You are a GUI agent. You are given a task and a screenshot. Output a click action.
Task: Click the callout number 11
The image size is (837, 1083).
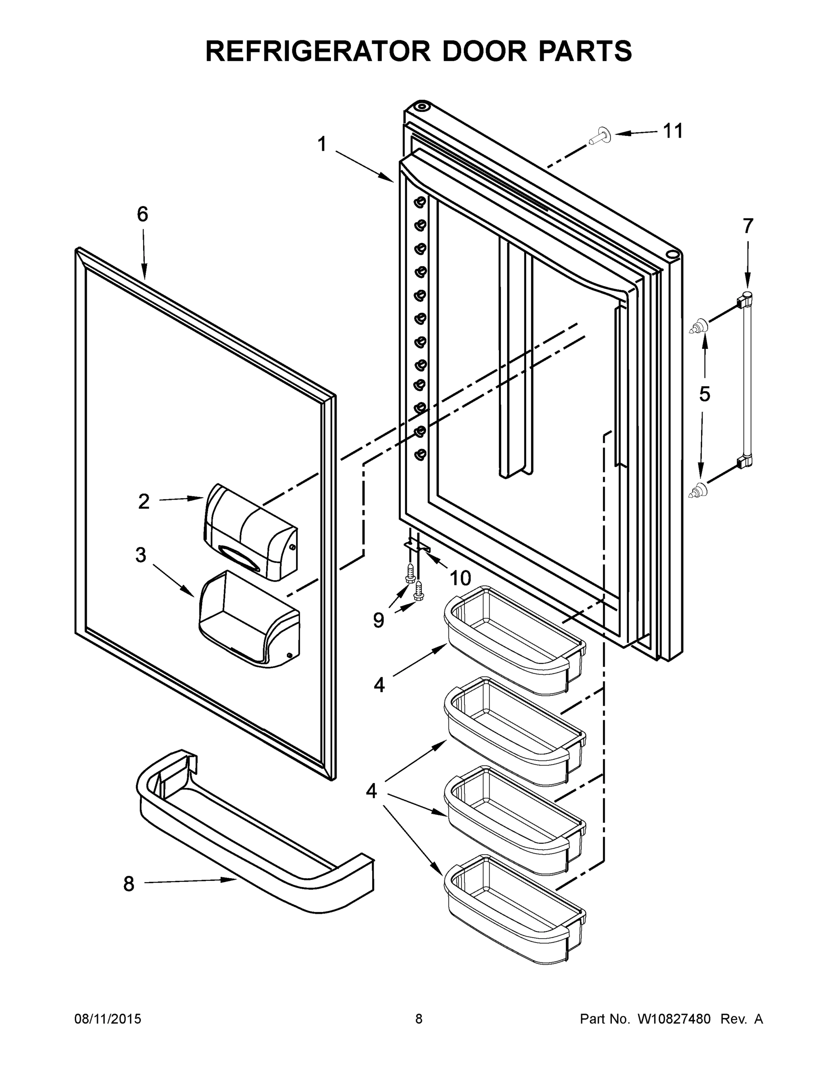(673, 131)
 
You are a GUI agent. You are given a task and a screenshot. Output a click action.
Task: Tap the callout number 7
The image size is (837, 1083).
(748, 226)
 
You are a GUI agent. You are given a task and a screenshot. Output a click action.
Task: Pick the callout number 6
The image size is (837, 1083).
(142, 214)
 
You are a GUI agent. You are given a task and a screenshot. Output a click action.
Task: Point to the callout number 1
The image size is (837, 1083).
(322, 144)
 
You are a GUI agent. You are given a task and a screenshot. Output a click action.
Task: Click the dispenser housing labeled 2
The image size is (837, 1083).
(250, 532)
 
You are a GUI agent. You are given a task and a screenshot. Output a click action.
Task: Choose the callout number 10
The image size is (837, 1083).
(460, 577)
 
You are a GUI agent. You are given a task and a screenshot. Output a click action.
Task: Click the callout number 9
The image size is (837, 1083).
(378, 620)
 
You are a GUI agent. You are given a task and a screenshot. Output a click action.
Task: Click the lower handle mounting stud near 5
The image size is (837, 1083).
(698, 490)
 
